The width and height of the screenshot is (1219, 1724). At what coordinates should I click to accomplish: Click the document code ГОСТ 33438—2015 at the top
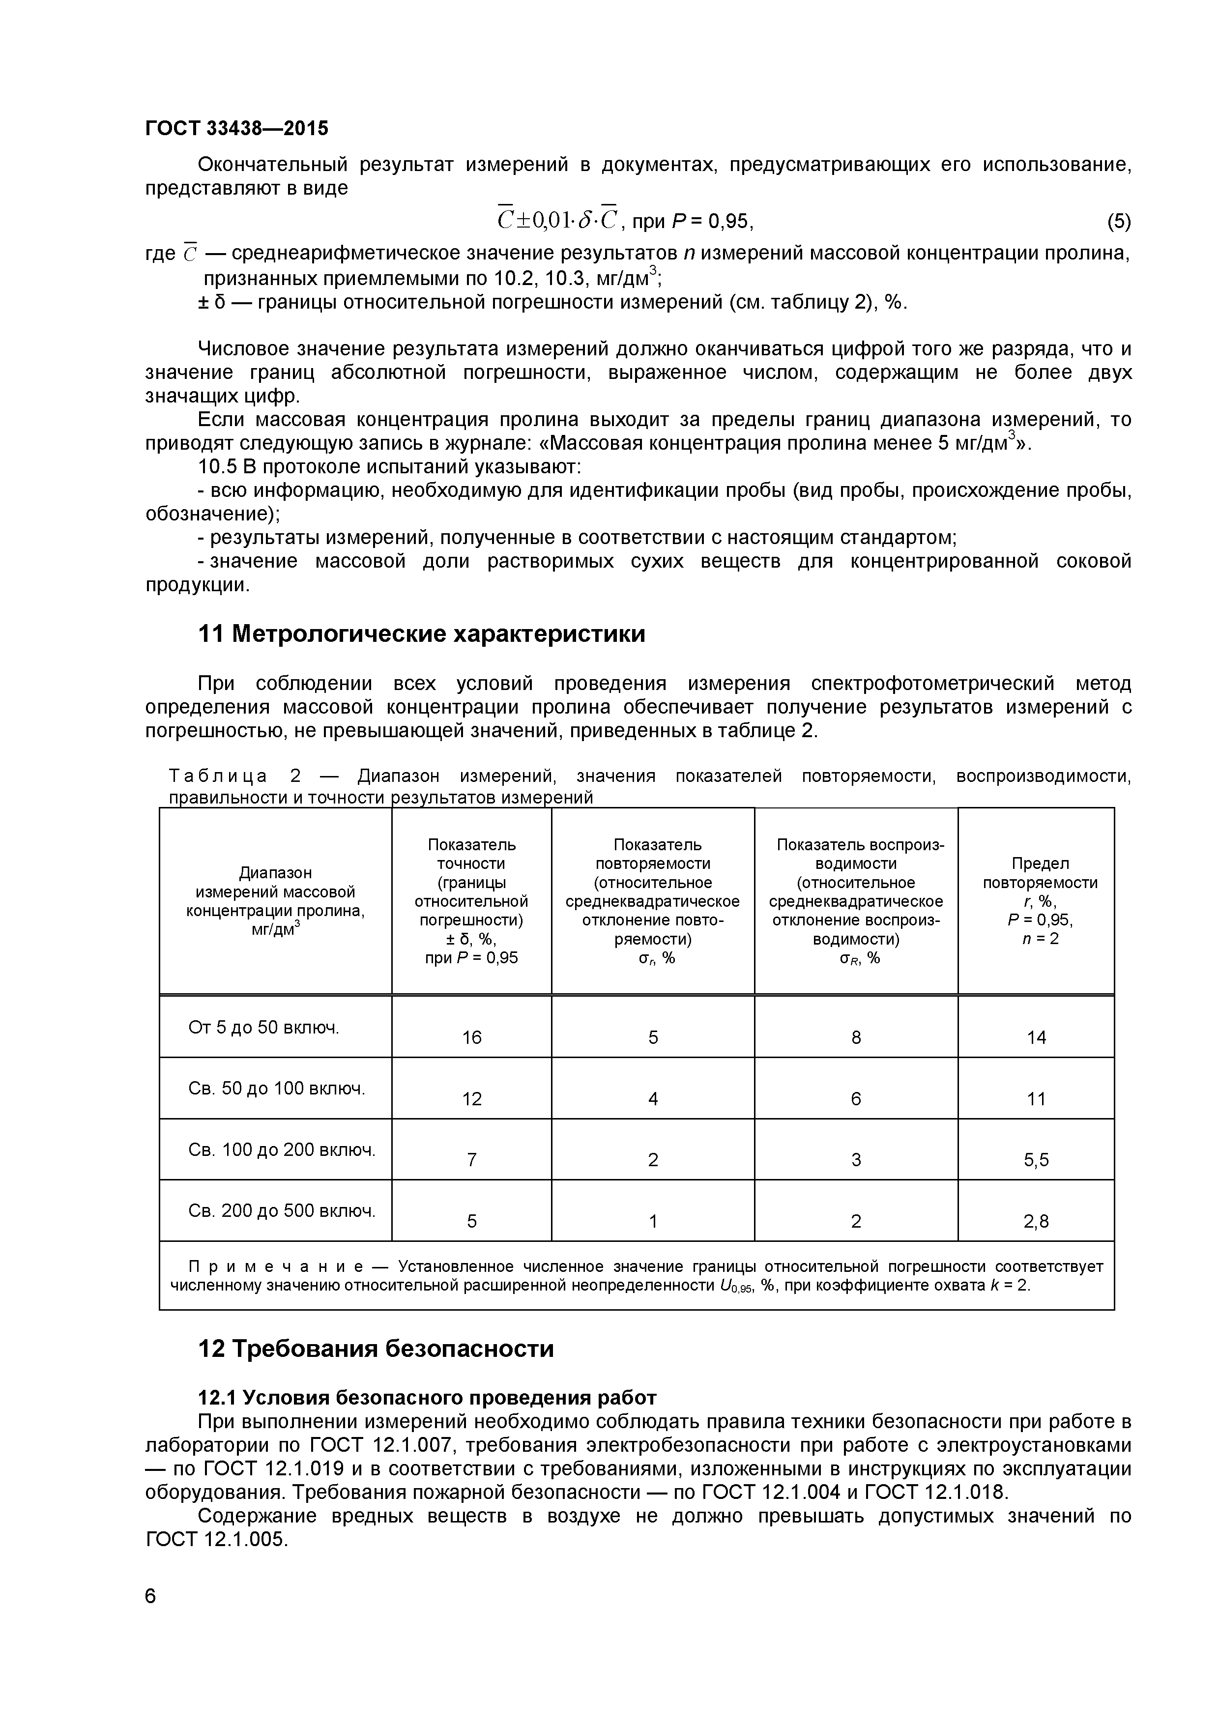236,128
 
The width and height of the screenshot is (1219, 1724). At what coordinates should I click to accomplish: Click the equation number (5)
1118,222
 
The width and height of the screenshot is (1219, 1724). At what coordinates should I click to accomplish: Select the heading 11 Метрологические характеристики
421,634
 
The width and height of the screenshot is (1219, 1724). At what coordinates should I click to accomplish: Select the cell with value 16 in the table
472,1037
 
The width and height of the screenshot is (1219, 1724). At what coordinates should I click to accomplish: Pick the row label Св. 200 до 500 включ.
282,1210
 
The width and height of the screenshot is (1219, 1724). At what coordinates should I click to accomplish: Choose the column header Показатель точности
472,854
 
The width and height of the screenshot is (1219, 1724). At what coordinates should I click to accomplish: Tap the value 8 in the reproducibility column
856,1037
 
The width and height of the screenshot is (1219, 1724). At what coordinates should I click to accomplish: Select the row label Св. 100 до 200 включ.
282,1149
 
